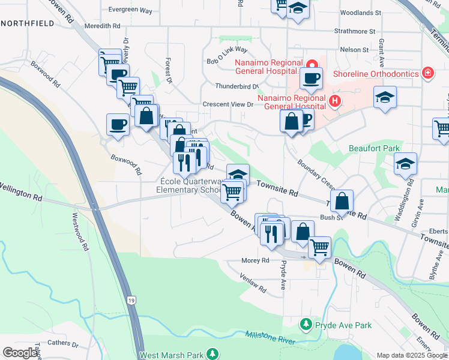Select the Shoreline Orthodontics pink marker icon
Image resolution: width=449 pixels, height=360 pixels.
[x=427, y=73]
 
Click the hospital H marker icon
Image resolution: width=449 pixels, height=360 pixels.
[x=335, y=102]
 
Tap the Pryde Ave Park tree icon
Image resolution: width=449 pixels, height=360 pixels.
[x=306, y=325]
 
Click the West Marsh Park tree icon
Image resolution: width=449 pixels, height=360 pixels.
[x=211, y=354]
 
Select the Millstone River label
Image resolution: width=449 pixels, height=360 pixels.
[x=270, y=338]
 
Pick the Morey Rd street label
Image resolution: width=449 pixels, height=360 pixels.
[x=255, y=260]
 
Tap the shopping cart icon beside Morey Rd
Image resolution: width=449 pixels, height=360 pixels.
[x=319, y=247]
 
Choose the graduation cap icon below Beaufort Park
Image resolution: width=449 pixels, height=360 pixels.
[x=405, y=163]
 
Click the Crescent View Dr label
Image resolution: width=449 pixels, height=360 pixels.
[x=228, y=104]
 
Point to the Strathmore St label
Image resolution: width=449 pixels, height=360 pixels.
[x=355, y=30]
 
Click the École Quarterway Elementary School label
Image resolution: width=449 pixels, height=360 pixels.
[x=191, y=186]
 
